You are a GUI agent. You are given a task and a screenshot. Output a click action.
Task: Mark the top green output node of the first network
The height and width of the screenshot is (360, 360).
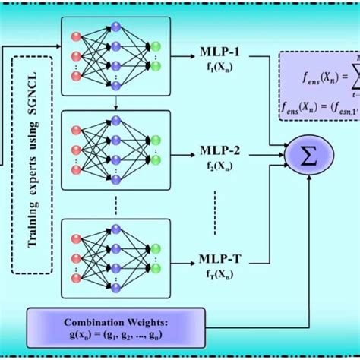click(x=156, y=47)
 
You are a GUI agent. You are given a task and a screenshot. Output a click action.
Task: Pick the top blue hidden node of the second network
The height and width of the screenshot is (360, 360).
click(x=115, y=121)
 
